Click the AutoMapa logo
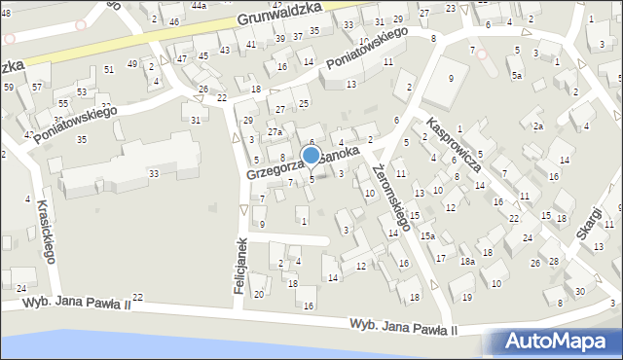point(559,342)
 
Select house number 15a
point(426,235)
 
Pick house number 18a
point(467,261)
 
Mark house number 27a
point(275,130)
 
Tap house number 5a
point(517,75)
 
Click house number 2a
point(536,126)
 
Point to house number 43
point(225,50)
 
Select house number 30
point(580,292)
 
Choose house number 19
point(467,297)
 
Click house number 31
point(196,120)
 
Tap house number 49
point(132,64)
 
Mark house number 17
point(441,258)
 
